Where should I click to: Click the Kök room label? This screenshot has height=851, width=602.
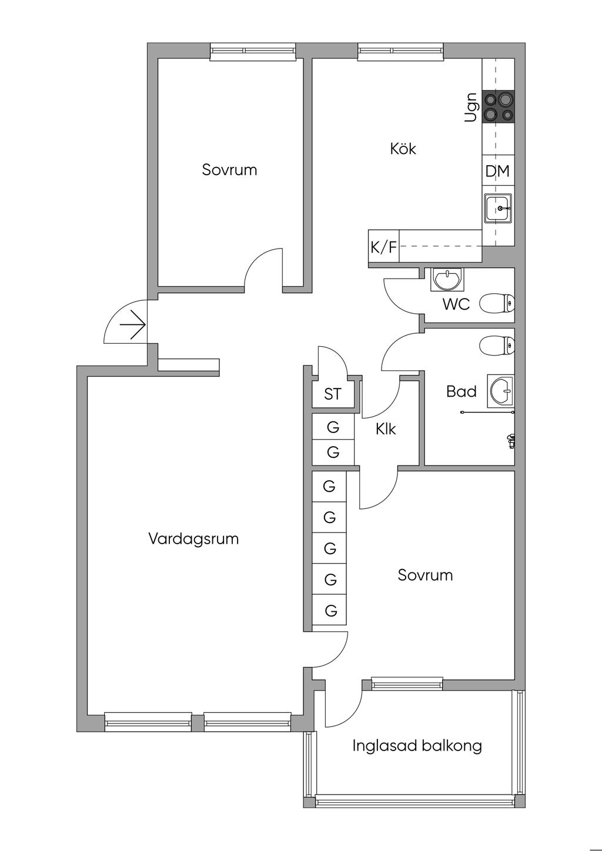pyautogui.click(x=403, y=149)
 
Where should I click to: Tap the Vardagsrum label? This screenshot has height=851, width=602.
pyautogui.click(x=193, y=539)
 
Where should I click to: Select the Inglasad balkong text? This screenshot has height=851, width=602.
pyautogui.click(x=417, y=746)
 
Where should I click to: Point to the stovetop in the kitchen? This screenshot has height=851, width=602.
pyautogui.click(x=499, y=107)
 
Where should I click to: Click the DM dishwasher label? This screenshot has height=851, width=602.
pyautogui.click(x=497, y=171)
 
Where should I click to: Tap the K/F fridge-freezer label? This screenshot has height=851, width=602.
pyautogui.click(x=383, y=247)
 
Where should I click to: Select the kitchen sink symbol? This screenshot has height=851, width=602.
pyautogui.click(x=498, y=208)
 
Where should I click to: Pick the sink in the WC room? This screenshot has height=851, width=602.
pyautogui.click(x=447, y=279)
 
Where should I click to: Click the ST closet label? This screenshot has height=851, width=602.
pyautogui.click(x=333, y=394)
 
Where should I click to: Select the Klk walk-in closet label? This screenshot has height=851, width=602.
pyautogui.click(x=386, y=429)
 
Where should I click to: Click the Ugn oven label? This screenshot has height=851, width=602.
pyautogui.click(x=471, y=107)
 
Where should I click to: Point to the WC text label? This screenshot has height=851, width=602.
pyautogui.click(x=456, y=304)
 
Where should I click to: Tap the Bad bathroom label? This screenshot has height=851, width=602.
pyautogui.click(x=461, y=391)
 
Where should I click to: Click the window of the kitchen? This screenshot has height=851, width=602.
pyautogui.click(x=400, y=51)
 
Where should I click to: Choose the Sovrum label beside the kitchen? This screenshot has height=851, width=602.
pyautogui.click(x=229, y=169)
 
